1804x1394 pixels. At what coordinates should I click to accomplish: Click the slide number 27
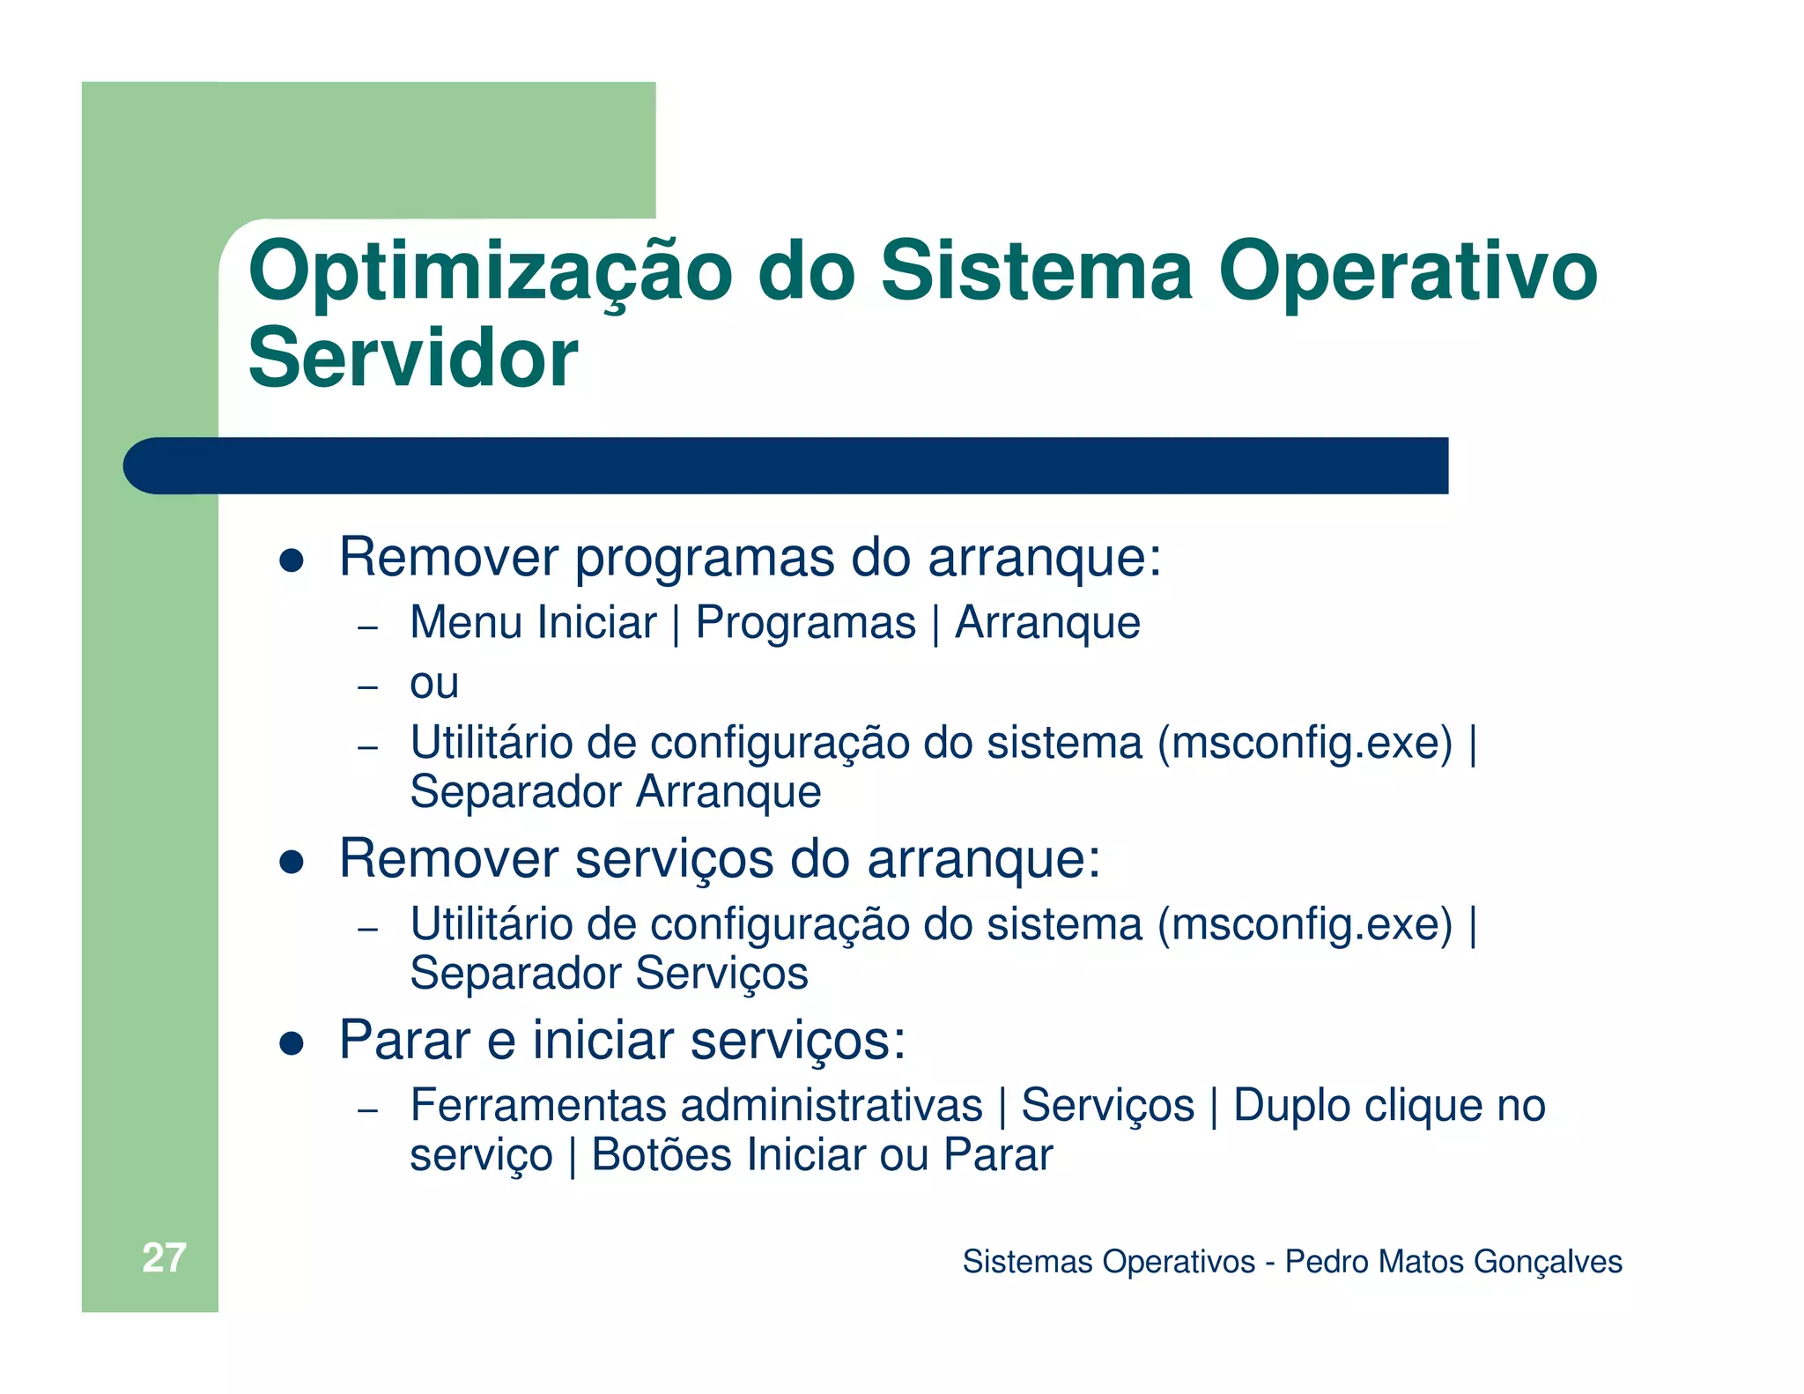[164, 1258]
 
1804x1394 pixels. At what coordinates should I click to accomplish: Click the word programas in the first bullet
[704, 558]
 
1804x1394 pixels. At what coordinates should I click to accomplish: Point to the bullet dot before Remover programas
[292, 560]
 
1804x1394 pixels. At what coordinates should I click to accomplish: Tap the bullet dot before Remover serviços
[292, 861]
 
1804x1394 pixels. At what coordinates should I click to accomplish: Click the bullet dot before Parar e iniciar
[292, 1043]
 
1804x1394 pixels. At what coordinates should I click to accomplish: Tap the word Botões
[661, 1155]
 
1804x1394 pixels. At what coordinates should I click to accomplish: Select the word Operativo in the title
[1408, 271]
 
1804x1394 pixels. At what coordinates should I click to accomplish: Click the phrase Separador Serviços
[609, 974]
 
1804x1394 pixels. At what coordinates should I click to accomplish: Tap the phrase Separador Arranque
[615, 792]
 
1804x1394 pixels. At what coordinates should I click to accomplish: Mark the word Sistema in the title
[1037, 271]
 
